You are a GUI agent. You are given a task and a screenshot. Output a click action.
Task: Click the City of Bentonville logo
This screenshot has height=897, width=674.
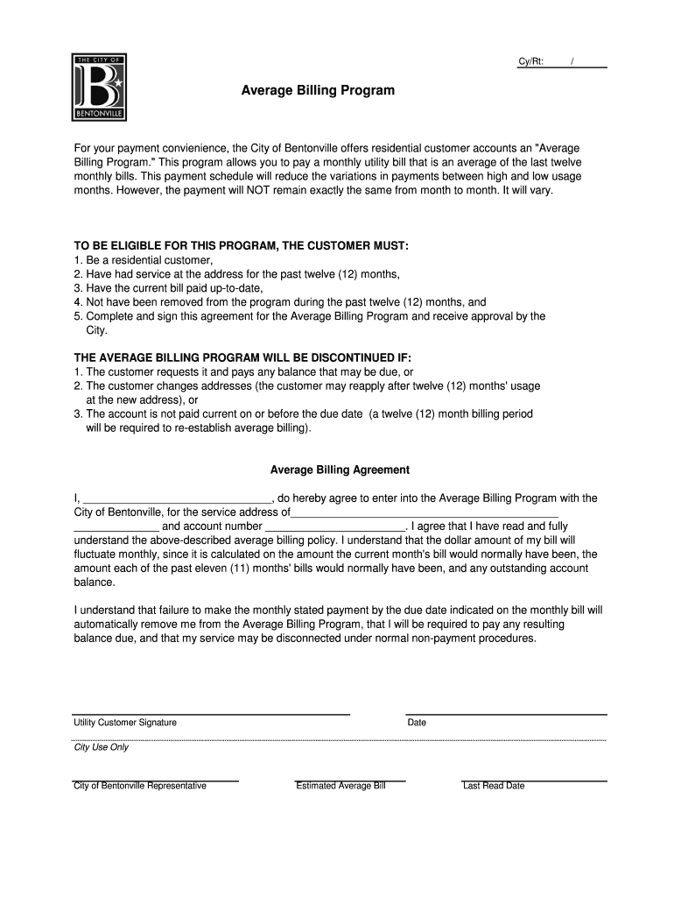point(99,88)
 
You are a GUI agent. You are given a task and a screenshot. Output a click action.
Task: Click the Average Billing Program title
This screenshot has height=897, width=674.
point(318,90)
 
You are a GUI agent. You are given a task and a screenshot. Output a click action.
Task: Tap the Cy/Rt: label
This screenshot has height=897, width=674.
point(531,61)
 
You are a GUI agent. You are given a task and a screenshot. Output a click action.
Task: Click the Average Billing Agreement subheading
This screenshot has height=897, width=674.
point(340,470)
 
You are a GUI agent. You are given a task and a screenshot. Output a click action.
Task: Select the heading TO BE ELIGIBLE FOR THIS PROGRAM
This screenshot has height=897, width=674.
point(241,246)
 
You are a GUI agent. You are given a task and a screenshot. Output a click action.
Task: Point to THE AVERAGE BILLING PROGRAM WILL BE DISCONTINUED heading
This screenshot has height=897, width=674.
point(242,358)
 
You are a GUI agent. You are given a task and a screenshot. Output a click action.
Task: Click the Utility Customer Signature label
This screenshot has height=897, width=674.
point(125,723)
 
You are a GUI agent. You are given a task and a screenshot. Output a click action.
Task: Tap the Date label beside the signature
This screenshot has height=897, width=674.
point(417,723)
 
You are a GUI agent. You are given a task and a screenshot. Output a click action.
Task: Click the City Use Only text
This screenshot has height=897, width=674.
point(101,747)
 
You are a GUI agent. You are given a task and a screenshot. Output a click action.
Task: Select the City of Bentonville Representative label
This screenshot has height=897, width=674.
point(140,786)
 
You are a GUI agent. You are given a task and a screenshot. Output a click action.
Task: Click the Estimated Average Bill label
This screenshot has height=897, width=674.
point(341,786)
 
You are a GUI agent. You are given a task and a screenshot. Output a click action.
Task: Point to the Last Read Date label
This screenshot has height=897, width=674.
point(494,786)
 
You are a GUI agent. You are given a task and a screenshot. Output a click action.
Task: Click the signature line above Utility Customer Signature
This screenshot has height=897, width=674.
point(211,714)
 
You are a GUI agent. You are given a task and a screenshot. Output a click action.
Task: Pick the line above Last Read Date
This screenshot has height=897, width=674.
point(534,780)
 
